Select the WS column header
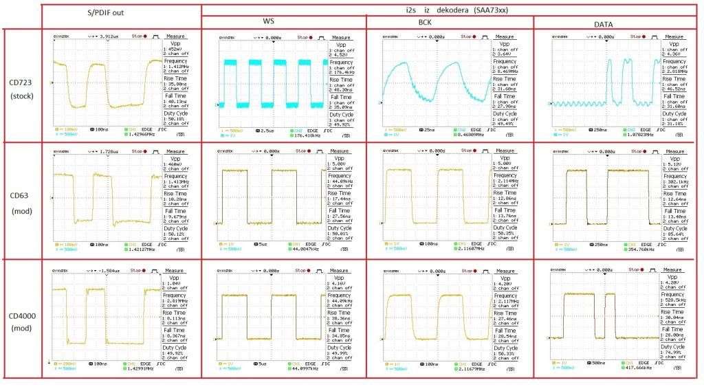(283, 21)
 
